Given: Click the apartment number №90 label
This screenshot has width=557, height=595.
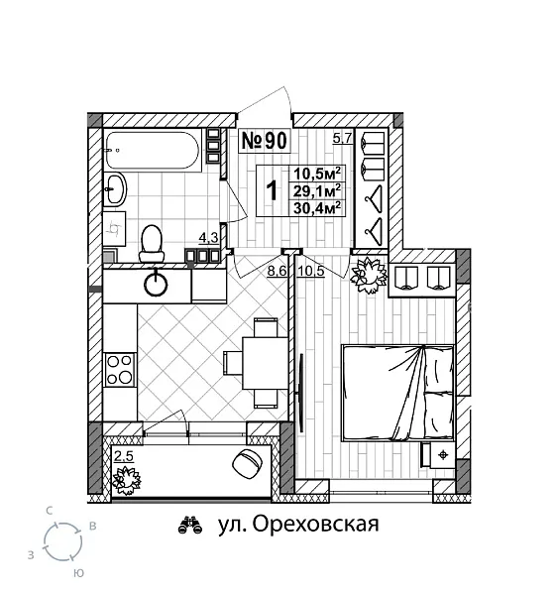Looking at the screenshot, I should (x=265, y=141).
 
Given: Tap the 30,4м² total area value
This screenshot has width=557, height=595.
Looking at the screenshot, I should (x=316, y=207).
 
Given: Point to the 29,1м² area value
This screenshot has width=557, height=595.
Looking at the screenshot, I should (x=316, y=189).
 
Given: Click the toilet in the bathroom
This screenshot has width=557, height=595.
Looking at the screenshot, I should (x=152, y=239).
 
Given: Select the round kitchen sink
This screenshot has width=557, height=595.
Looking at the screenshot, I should (x=158, y=285).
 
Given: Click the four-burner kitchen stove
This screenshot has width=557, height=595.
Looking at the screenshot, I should (x=120, y=369).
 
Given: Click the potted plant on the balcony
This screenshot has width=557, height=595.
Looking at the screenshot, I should (x=128, y=480).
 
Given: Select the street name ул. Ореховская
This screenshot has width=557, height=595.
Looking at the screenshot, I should (x=296, y=525).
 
